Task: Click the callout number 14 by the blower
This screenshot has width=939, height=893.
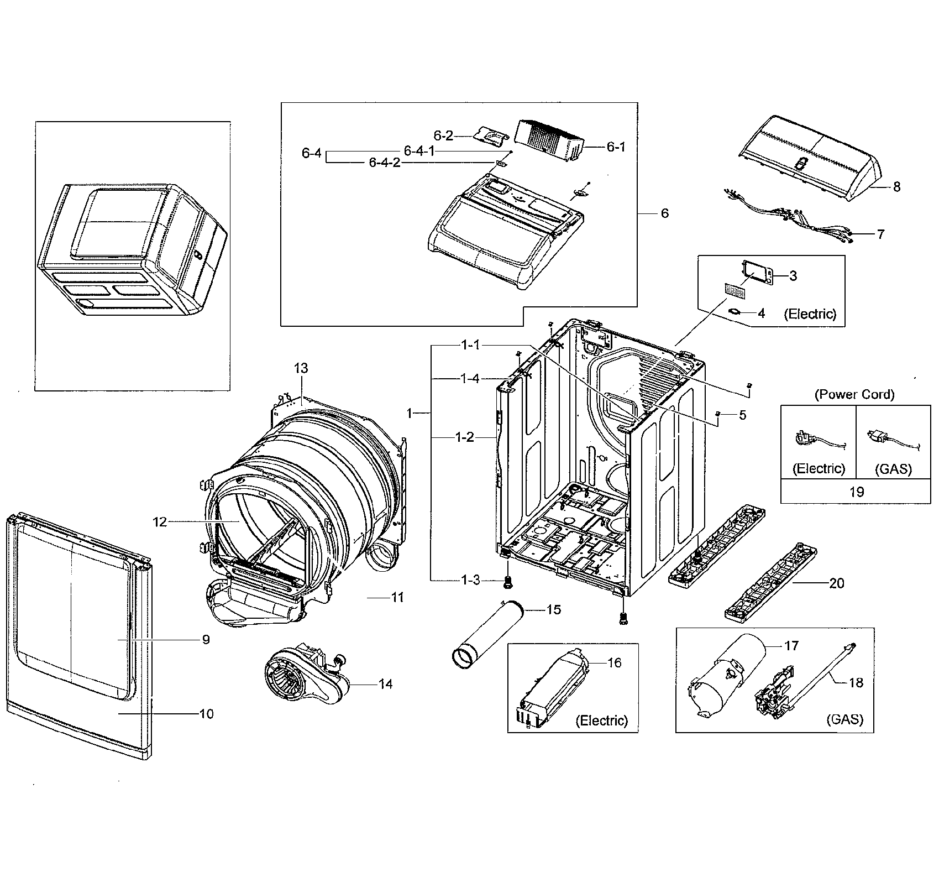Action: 385,684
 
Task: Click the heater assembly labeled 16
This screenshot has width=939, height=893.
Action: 553,688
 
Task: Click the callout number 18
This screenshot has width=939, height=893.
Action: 855,683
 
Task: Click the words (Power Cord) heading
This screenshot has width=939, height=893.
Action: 854,394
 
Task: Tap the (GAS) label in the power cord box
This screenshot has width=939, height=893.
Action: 894,469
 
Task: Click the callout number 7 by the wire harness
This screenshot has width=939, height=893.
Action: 880,234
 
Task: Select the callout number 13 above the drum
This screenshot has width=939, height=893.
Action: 301,368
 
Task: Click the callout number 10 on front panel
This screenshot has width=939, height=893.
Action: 206,714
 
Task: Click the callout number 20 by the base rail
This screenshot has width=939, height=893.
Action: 836,583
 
